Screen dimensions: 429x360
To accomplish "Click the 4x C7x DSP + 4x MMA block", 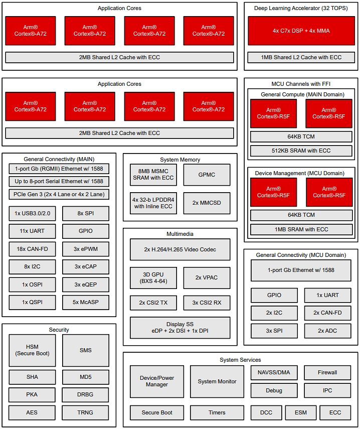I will pyautogui.click(x=301, y=31).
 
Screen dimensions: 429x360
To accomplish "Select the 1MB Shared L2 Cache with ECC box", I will pyautogui.click(x=301, y=57).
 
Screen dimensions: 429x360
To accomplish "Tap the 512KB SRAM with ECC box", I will pyautogui.click(x=301, y=151).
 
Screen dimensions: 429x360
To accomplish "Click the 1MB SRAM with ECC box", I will pyautogui.click(x=301, y=229).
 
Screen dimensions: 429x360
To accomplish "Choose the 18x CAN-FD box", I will pyautogui.click(x=33, y=249).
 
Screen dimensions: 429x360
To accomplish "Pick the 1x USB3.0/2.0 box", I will pyautogui.click(x=33, y=213).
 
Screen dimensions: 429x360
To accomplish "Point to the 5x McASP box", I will pyautogui.click(x=86, y=303).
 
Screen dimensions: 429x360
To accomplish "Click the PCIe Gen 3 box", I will pyautogui.click(x=59, y=194).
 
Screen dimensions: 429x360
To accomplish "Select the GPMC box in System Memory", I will pyautogui.click(x=207, y=175).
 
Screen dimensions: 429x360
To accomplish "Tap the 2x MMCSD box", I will pyautogui.click(x=207, y=203).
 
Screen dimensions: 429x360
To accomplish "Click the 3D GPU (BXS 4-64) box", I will pyautogui.click(x=153, y=277).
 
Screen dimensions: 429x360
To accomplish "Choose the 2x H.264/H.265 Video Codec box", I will pyautogui.click(x=180, y=249).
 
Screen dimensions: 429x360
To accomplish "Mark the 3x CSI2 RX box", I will pyautogui.click(x=207, y=303).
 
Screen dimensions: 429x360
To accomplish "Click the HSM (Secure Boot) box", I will pyautogui.click(x=33, y=350).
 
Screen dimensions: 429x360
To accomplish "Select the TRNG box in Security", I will pyautogui.click(x=86, y=412).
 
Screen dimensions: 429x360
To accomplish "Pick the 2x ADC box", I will pyautogui.click(x=328, y=331).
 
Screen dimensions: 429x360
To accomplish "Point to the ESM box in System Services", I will pyautogui.click(x=301, y=412).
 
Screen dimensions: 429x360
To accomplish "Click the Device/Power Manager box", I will pyautogui.click(x=157, y=381).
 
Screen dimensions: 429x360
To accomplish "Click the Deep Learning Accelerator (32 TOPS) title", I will pyautogui.click(x=301, y=8).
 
